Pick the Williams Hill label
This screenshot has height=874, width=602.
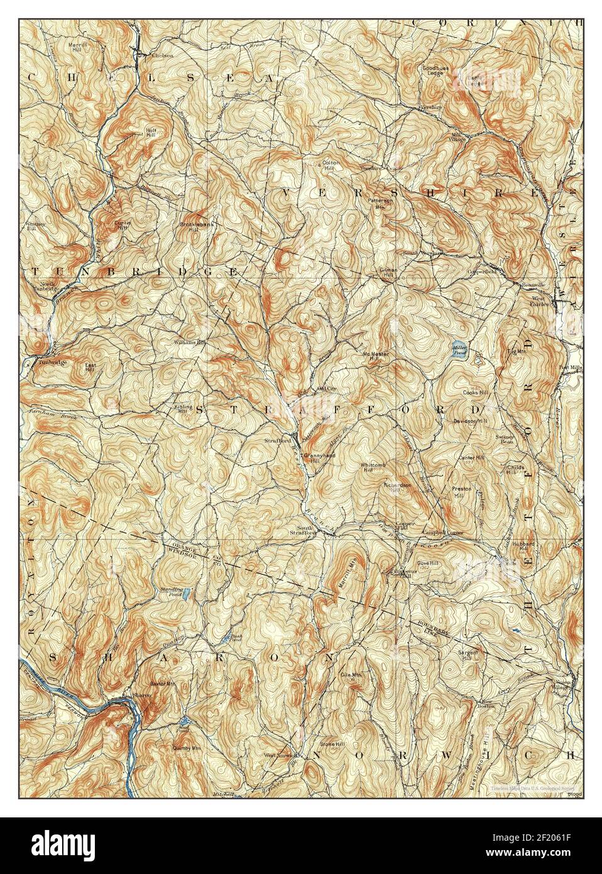click(190, 343)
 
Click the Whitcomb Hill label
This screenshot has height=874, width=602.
click(369, 467)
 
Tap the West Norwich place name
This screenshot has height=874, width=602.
click(280, 755)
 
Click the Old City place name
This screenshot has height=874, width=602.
click(328, 389)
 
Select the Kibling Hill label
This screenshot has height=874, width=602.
click(183, 409)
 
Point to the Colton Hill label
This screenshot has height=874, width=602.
click(331, 165)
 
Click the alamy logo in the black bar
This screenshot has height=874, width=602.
click(57, 845)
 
